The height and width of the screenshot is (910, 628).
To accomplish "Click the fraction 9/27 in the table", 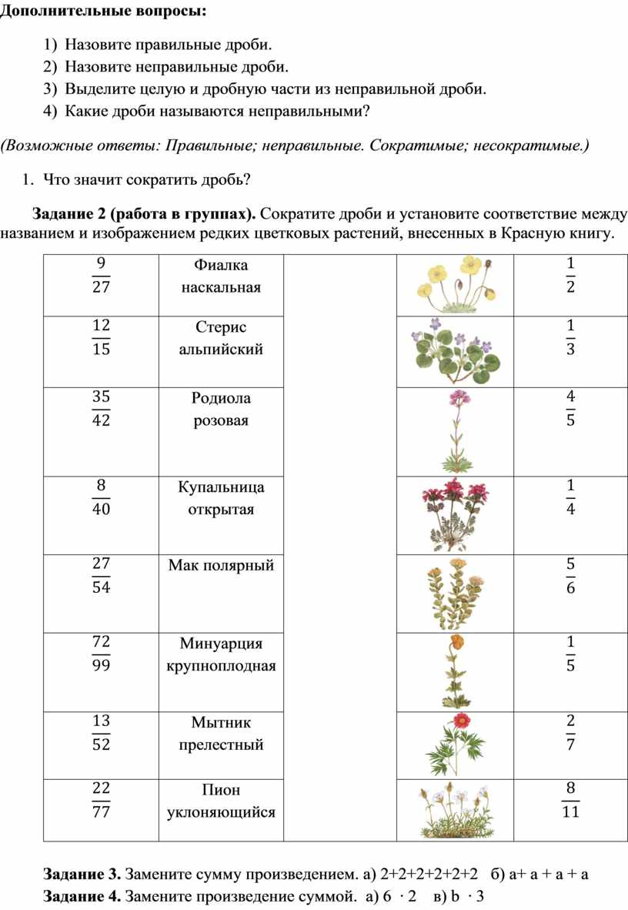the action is (101, 275).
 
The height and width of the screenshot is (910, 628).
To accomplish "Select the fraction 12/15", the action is (101, 337).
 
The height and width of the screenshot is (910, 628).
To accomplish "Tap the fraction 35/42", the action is (101, 409).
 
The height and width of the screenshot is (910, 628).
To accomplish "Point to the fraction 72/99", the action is (101, 654).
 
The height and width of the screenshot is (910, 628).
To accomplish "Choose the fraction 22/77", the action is (101, 800).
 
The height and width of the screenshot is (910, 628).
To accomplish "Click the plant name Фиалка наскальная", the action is (221, 276).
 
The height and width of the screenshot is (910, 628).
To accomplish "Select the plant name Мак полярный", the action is (221, 565).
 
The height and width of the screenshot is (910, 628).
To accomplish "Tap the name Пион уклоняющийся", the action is (221, 801).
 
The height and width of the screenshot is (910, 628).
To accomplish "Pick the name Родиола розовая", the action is (221, 409).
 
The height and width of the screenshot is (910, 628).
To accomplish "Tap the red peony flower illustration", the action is (456, 744).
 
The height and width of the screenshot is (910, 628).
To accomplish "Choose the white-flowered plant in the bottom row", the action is (456, 811).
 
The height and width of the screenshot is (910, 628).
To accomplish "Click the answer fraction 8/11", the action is (570, 800).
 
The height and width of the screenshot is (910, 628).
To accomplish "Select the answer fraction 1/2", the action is (570, 275).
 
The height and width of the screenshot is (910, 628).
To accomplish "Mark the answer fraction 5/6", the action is (570, 576).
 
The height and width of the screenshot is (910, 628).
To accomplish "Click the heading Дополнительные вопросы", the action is (103, 12).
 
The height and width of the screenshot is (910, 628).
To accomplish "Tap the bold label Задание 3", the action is (82, 874).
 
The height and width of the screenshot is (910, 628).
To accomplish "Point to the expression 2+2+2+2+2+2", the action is (430, 874).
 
